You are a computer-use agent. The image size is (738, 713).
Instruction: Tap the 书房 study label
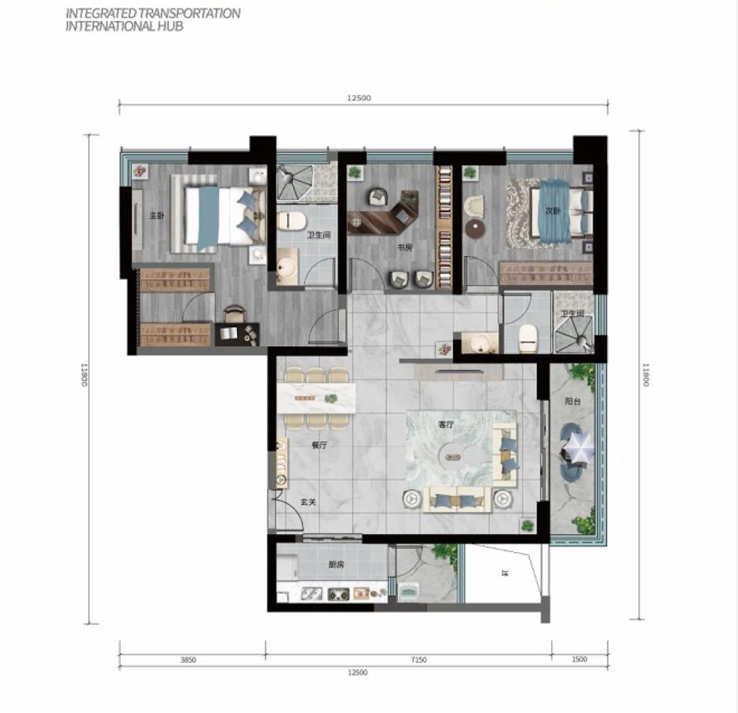[x=404, y=247]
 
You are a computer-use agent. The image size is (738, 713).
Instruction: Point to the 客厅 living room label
[x=446, y=424]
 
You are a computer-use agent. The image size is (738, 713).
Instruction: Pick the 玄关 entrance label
[x=308, y=503]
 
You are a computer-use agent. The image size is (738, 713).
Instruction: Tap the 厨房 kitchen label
[x=337, y=565]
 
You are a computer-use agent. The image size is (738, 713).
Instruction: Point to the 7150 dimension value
[x=418, y=660]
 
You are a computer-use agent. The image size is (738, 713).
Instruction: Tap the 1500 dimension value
[x=579, y=660]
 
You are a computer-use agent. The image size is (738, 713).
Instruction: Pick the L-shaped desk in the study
[x=385, y=218]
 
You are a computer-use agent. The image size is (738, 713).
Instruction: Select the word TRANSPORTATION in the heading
[x=185, y=13]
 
